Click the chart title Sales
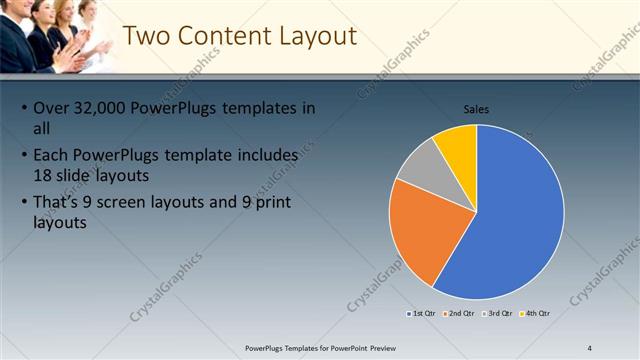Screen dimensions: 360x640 (476, 109)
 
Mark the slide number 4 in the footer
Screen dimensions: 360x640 (590, 347)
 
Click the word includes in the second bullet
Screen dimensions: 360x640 (265, 156)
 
